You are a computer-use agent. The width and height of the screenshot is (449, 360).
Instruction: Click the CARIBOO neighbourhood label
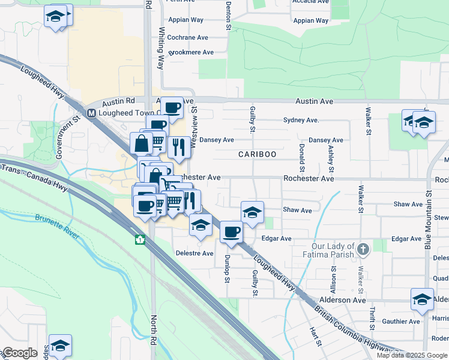tap(257, 154)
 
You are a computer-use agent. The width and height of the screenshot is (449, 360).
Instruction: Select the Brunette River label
tap(57, 226)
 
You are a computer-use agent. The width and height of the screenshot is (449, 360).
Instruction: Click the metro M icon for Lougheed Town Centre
tap(91, 113)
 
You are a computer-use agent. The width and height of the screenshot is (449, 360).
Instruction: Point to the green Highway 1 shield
tap(140, 240)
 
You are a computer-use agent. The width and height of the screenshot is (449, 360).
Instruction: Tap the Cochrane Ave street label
tap(188, 37)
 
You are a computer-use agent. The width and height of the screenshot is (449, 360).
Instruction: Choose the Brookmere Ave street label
tap(191, 53)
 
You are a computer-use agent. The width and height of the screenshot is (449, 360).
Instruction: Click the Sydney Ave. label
tap(301, 120)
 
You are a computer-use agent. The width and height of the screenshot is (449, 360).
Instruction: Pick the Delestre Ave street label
tap(194, 253)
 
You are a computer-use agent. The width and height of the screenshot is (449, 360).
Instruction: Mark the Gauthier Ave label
tap(402, 322)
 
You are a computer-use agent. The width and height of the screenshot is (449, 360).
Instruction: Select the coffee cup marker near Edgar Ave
tap(231, 232)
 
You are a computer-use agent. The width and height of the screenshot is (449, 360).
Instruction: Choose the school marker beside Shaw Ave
tap(253, 212)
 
